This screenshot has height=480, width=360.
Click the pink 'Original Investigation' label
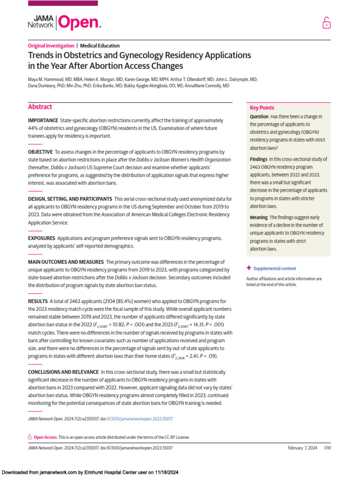click(x=51, y=46)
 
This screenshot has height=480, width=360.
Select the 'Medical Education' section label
click(x=100, y=46)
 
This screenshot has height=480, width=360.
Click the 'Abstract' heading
click(x=40, y=107)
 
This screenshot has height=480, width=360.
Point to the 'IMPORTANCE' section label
click(x=43, y=120)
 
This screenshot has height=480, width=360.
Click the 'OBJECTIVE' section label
click(x=41, y=152)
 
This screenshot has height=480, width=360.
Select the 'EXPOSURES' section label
click(x=42, y=239)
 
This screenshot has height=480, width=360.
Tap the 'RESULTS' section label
click(x=37, y=301)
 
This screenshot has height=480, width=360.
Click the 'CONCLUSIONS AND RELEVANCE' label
click(x=63, y=372)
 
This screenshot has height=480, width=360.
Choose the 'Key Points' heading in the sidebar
click(x=262, y=108)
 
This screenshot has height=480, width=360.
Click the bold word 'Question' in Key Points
click(x=259, y=117)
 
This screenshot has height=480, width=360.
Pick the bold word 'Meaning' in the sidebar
click(x=259, y=217)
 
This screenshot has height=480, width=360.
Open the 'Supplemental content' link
click(x=275, y=269)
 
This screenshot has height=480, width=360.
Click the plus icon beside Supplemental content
click(x=249, y=268)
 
